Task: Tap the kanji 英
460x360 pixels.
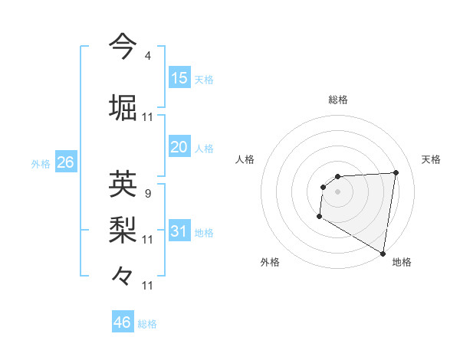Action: click(x=123, y=184)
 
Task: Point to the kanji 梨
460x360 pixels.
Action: click(x=123, y=229)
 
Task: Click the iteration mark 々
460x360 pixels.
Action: click(x=123, y=274)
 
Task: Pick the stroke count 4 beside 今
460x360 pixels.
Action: click(x=147, y=56)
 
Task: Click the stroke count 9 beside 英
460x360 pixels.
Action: click(x=147, y=193)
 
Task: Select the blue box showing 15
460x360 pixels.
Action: click(x=179, y=78)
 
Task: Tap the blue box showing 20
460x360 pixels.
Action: click(x=179, y=147)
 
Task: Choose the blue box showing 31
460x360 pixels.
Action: click(x=179, y=231)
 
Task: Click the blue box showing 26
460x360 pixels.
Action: click(x=65, y=162)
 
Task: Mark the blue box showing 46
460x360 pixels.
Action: click(x=123, y=322)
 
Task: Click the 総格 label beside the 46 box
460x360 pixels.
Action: click(x=147, y=324)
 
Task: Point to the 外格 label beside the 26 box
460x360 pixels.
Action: click(x=41, y=164)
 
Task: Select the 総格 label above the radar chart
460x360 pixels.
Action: click(x=337, y=100)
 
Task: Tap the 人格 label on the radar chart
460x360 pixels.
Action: click(x=245, y=159)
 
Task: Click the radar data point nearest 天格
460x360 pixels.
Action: click(x=396, y=172)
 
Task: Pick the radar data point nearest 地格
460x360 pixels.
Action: click(x=383, y=254)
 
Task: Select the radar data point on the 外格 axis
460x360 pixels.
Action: click(x=319, y=217)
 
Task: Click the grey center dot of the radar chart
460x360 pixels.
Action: click(x=337, y=191)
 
